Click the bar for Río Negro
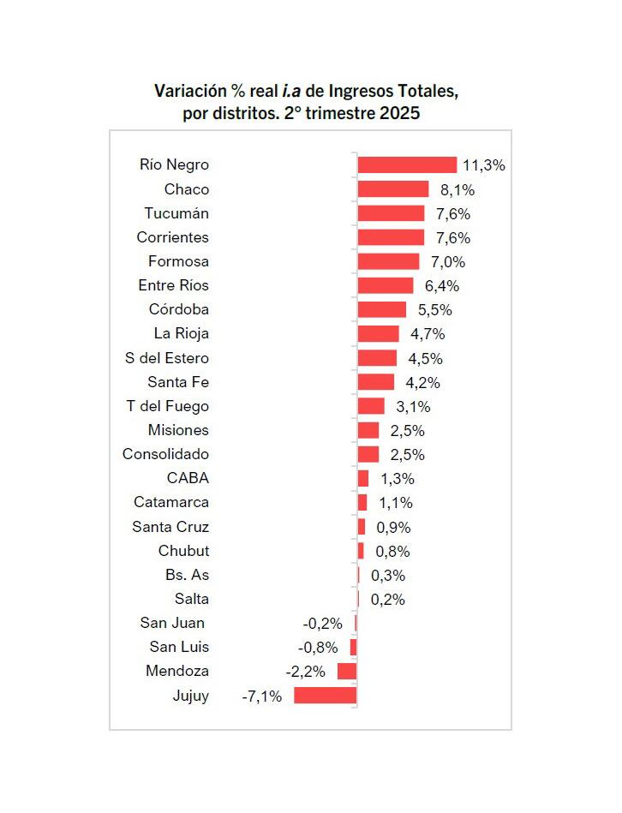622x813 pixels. tap(407, 165)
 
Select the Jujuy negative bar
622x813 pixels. tap(325, 696)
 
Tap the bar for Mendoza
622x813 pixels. tap(346, 672)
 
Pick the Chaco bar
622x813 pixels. tap(392, 189)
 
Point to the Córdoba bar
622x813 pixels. tap(381, 309)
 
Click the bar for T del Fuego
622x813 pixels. tap(370, 406)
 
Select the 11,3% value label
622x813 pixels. tap(483, 165)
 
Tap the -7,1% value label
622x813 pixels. tap(262, 696)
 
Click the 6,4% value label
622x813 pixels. tap(442, 286)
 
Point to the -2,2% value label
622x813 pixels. tap(305, 672)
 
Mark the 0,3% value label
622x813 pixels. tap(388, 576)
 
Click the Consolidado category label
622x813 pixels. tap(165, 454)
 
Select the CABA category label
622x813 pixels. tap(188, 478)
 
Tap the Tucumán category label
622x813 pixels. tap(176, 213)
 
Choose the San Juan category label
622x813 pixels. tap(172, 623)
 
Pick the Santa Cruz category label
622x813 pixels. tap(170, 527)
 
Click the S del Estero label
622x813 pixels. tap(167, 358)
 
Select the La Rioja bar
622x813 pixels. tap(378, 334)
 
